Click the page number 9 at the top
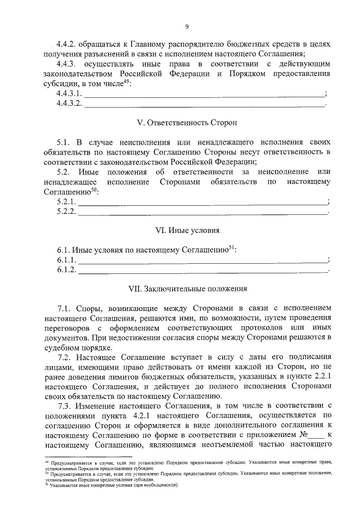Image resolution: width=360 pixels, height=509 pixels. pyautogui.click(x=187, y=26)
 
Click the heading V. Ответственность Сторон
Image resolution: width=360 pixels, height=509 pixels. pyautogui.click(x=187, y=121)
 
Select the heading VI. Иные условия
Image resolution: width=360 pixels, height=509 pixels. pyautogui.click(x=187, y=230)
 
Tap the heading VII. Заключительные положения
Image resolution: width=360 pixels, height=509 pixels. pyautogui.click(x=187, y=289)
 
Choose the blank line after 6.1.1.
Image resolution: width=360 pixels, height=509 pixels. pyautogui.click(x=202, y=261)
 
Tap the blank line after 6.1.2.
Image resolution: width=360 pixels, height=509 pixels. pyautogui.click(x=202, y=271)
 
